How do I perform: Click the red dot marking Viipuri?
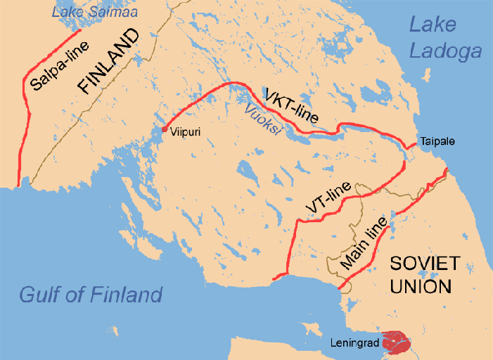pos(165,129)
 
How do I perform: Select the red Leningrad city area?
pos(397,342)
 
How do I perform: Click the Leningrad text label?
pos(354,344)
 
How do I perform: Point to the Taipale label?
pos(437,141)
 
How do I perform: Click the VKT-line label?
pos(291,106)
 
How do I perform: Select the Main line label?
pos(363,243)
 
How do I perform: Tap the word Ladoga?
pos(446,51)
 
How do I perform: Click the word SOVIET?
pos(425,264)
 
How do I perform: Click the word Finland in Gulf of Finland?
pos(126,294)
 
